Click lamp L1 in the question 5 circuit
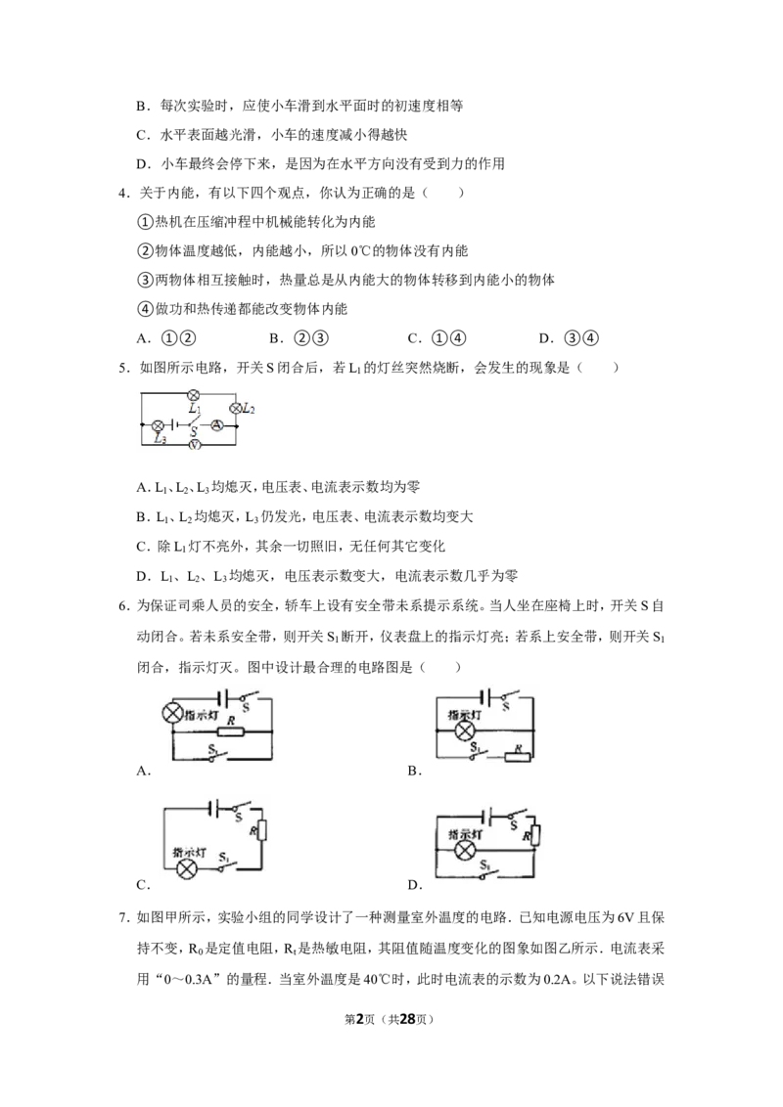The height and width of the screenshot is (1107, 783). (193, 395)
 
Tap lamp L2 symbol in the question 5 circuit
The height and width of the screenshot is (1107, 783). (236, 408)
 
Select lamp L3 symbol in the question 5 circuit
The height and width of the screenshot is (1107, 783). (159, 425)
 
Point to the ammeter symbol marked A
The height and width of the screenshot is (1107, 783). (217, 425)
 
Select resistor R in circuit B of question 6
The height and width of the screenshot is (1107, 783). (517, 758)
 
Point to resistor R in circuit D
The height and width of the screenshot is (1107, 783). (536, 836)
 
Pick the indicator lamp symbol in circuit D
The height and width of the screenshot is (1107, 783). (464, 851)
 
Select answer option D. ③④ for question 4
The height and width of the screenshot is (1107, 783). (569, 338)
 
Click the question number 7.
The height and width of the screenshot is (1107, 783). (124, 918)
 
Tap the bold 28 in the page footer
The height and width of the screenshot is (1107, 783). (407, 1019)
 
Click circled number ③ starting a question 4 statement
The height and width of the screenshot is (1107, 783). (145, 281)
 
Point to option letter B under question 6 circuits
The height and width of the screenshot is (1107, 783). (414, 771)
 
